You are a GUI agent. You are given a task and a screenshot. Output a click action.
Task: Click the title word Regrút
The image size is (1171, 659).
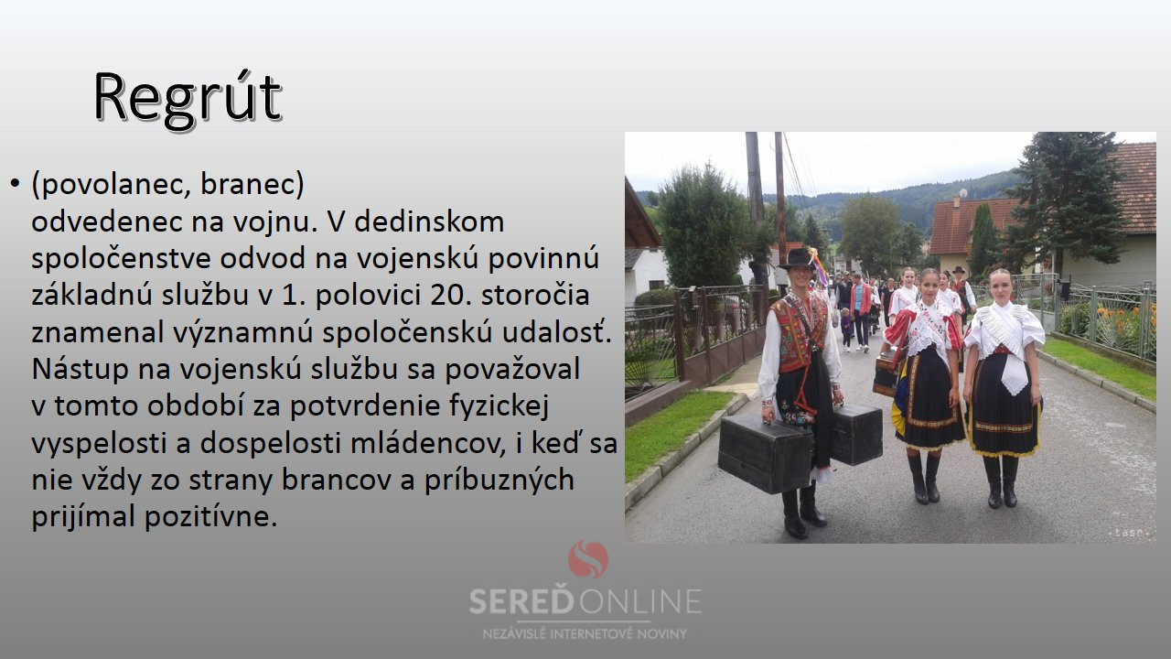tap(188, 100)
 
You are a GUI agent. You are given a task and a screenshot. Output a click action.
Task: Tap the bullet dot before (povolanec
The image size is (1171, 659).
tap(15, 184)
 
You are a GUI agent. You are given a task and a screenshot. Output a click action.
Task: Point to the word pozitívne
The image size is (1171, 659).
tap(210, 517)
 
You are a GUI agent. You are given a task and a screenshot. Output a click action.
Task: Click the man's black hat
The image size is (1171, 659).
tap(797, 259)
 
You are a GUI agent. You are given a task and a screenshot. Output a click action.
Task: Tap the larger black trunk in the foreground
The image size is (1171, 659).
tap(765, 453)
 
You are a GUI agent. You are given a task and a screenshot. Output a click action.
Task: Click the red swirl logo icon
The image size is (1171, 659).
tap(588, 559)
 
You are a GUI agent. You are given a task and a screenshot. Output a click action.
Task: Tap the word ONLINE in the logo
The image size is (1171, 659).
tap(639, 601)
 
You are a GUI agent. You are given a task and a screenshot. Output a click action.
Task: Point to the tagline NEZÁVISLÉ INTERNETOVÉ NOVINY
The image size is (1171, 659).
tap(585, 634)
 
